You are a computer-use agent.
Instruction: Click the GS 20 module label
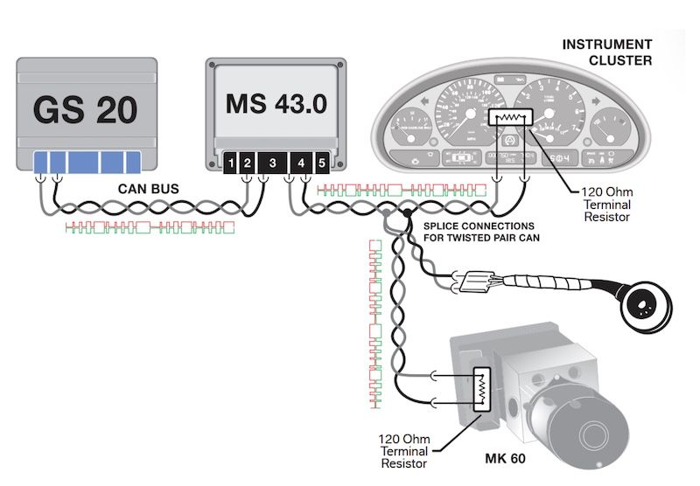tap(86, 110)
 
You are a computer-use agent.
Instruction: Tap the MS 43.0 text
tap(276, 103)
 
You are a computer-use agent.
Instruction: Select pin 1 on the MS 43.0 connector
tap(229, 163)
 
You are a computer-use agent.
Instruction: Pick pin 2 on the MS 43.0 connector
tap(248, 163)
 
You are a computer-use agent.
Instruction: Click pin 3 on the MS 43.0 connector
tap(272, 163)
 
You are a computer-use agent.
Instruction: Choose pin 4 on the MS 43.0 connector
tap(301, 163)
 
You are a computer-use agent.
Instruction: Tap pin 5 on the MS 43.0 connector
tap(321, 163)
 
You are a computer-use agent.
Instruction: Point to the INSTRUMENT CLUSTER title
tap(606, 52)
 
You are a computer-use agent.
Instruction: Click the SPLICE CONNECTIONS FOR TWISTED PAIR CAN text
tap(479, 232)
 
